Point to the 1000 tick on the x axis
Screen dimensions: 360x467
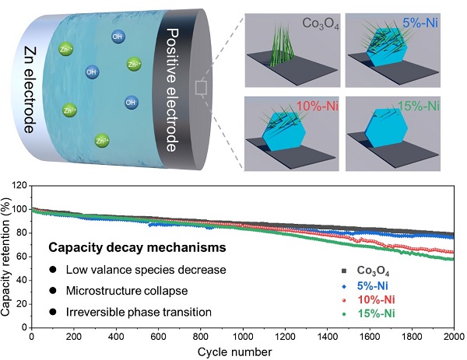[x=243, y=337]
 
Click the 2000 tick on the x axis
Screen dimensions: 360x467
[x=455, y=337]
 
